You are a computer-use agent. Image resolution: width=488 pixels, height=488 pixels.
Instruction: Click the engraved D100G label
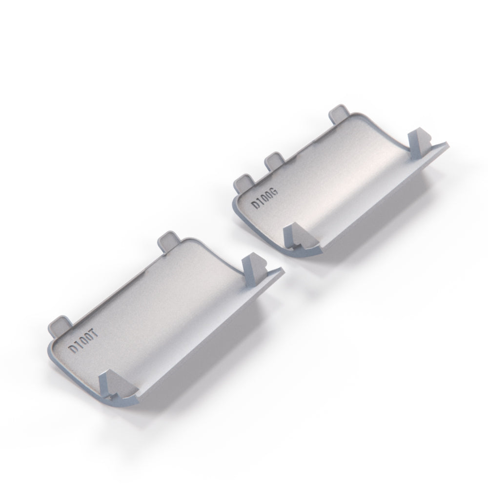[x=264, y=198]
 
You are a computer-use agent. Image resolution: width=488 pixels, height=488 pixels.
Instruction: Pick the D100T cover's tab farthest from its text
[x=169, y=240]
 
